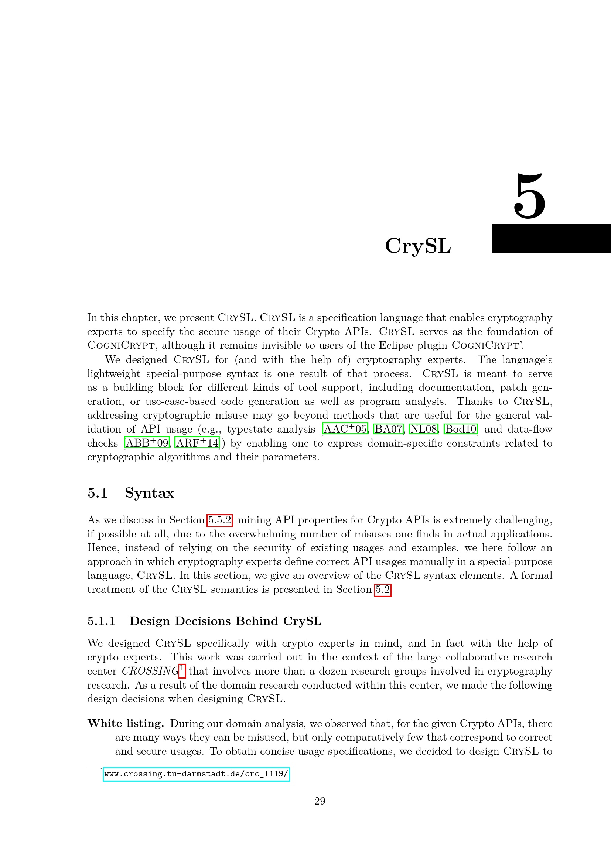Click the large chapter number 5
529,197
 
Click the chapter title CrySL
418,246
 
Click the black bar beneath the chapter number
551,238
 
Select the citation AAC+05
345,429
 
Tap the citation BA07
388,429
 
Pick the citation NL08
424,429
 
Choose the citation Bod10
461,429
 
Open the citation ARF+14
197,443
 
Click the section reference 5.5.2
219,520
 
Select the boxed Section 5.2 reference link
383,589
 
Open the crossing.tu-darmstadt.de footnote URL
196,774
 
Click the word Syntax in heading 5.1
149,493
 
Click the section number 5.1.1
101,621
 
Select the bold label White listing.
126,723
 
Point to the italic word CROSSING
150,671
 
